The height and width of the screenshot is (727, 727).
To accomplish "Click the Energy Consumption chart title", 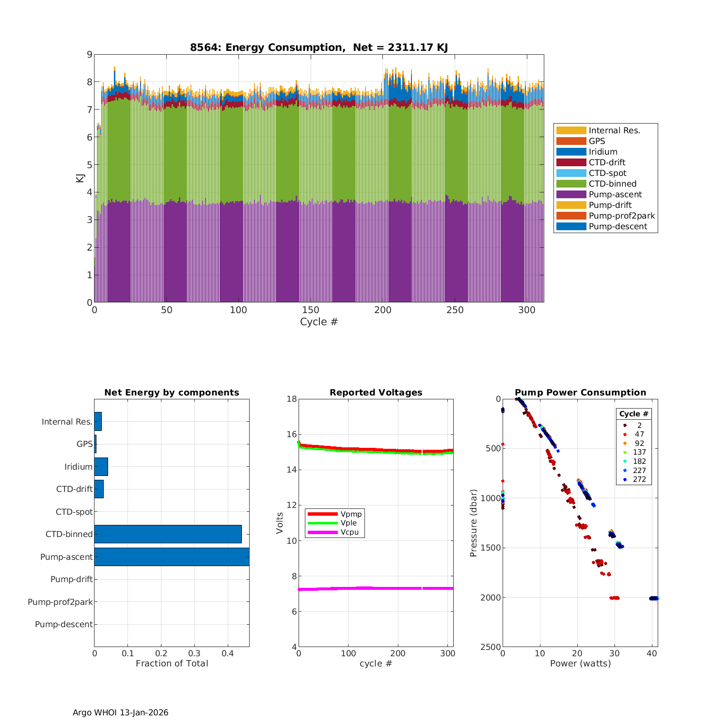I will click(318, 47).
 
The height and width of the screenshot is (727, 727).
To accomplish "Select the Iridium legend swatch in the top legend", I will click(571, 152).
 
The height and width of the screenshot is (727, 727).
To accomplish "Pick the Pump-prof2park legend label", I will click(621, 216).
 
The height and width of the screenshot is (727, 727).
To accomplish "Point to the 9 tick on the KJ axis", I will click(89, 54).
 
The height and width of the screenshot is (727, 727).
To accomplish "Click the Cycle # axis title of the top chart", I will click(318, 322).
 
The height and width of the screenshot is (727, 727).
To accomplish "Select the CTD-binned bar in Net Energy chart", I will click(168, 534).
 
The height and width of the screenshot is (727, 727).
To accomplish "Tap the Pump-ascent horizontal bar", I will click(172, 557).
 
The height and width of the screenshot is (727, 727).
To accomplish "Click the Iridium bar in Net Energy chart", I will click(101, 467).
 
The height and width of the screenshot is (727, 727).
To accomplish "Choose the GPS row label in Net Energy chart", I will click(84, 444).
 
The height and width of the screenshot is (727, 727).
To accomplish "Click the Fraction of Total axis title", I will click(172, 664).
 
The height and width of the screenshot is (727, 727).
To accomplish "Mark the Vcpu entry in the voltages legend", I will click(349, 532).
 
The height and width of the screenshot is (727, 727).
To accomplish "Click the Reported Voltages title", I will click(376, 393).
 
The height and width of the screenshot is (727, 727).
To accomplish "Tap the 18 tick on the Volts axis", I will click(291, 399).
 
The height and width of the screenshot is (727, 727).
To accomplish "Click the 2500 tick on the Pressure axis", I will click(491, 647).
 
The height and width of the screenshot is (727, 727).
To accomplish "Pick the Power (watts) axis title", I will click(580, 664).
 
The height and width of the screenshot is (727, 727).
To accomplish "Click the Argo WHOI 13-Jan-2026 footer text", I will click(120, 712).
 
